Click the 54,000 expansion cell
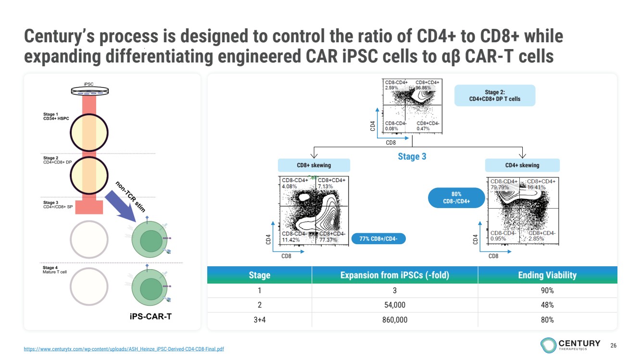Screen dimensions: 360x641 click(x=395, y=305)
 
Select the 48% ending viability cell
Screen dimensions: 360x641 click(x=547, y=305)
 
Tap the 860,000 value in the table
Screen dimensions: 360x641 click(x=395, y=320)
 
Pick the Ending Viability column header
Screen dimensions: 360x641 click(x=547, y=275)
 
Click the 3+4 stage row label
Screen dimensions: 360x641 click(x=259, y=320)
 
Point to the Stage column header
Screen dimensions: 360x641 click(x=259, y=275)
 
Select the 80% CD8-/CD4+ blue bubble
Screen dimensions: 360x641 click(x=456, y=198)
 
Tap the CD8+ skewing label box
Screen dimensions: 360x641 click(x=314, y=165)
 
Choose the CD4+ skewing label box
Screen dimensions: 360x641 click(x=522, y=165)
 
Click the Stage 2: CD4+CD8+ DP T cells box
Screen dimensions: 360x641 click(x=495, y=96)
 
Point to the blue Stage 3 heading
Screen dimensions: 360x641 click(x=412, y=156)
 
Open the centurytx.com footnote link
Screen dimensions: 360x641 click(x=124, y=349)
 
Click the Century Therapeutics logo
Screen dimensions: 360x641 click(x=570, y=344)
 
